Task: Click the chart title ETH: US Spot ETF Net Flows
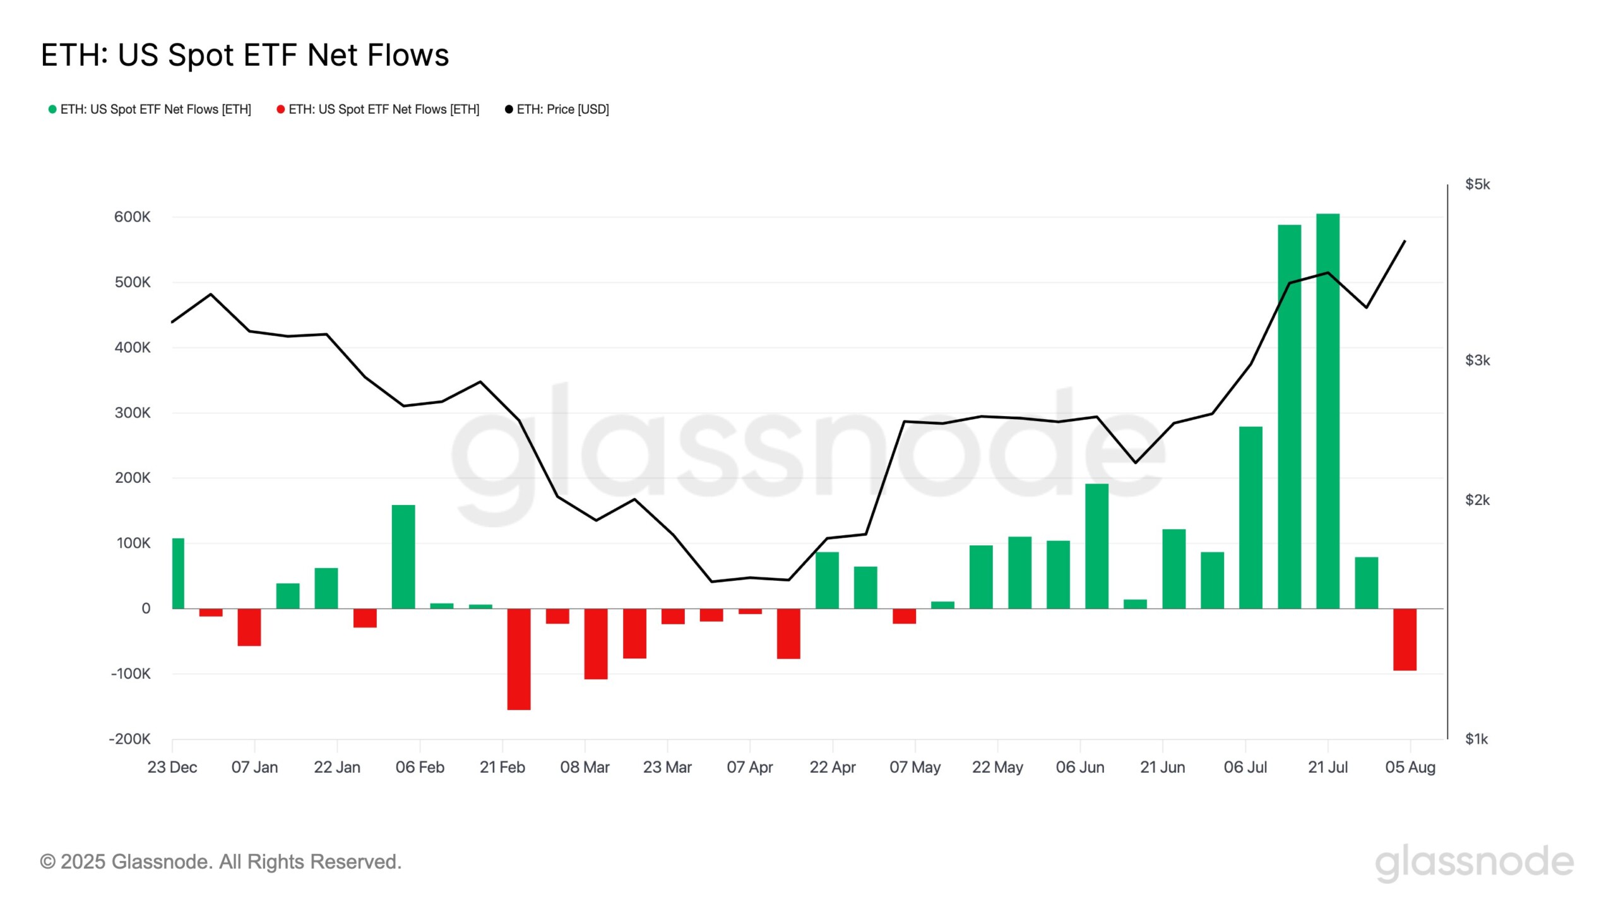[x=245, y=56]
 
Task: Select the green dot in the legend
[x=52, y=109]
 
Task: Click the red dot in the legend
[x=280, y=109]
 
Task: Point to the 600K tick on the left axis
[x=132, y=217]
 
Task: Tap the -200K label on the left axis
[x=130, y=739]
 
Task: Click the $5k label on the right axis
[x=1477, y=184]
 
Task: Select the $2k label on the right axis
[x=1477, y=500]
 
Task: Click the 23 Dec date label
[x=172, y=768]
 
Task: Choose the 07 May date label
[x=915, y=768]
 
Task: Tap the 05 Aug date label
[x=1410, y=768]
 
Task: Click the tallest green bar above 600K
[x=1328, y=410]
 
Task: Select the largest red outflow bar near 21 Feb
[x=519, y=659]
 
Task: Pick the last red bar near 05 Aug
[x=1405, y=639]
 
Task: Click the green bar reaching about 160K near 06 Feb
[x=403, y=557]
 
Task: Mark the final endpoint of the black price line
[x=1405, y=241]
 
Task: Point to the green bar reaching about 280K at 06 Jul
[x=1251, y=518]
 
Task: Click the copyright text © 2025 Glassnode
[x=221, y=862]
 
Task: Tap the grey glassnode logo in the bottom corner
[x=1474, y=863]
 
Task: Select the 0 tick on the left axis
[x=146, y=609]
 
